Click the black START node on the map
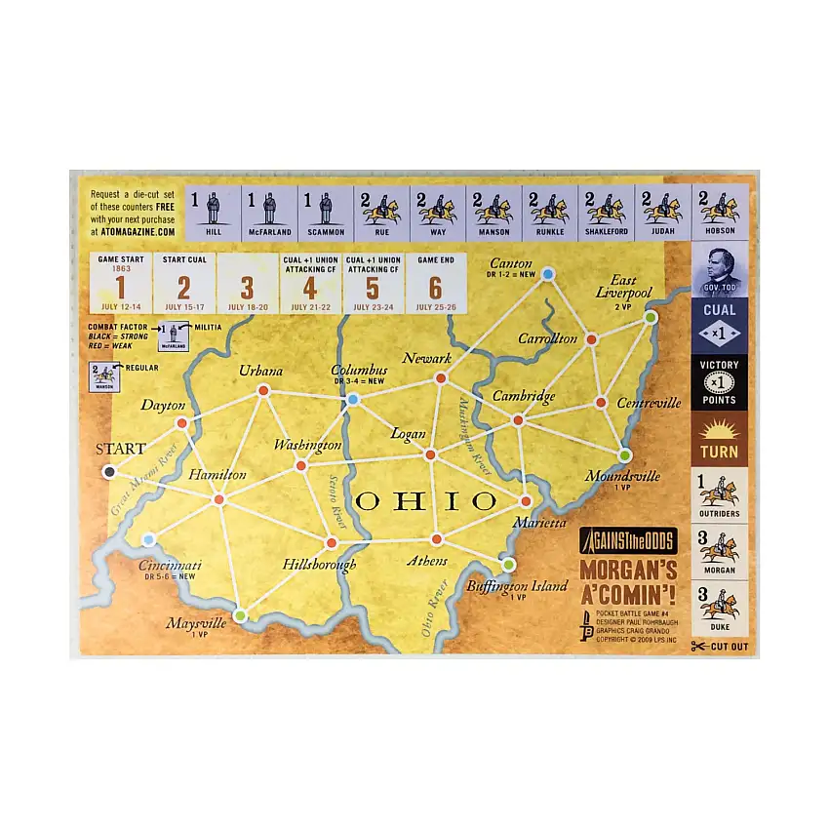pyautogui.click(x=109, y=472)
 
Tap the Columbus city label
pyautogui.click(x=359, y=371)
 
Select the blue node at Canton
pyautogui.click(x=548, y=274)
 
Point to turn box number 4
pyautogui.click(x=309, y=283)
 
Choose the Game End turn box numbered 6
pyautogui.click(x=435, y=283)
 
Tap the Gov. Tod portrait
pyautogui.click(x=721, y=270)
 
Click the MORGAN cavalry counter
pyautogui.click(x=721, y=551)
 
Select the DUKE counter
pyautogui.click(x=721, y=608)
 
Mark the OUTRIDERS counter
pyautogui.click(x=721, y=495)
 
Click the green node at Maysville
pyautogui.click(x=240, y=614)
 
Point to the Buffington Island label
pyautogui.click(x=517, y=586)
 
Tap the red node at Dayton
pyautogui.click(x=181, y=423)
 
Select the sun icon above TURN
pyautogui.click(x=720, y=430)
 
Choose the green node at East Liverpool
pyautogui.click(x=651, y=317)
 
